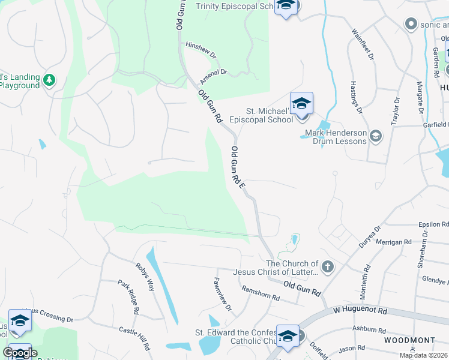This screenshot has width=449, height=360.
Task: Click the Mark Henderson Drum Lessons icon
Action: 376,136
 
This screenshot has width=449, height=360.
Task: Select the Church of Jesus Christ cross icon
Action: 328,267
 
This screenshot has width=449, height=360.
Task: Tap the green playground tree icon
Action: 49,79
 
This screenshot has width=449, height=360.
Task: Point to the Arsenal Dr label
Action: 214,74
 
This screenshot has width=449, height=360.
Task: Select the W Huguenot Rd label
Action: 360,311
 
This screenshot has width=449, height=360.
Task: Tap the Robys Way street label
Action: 145,277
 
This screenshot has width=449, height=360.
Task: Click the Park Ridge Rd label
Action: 128,297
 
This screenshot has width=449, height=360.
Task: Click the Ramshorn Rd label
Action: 261,293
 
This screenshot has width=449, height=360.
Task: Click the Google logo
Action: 19,353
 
